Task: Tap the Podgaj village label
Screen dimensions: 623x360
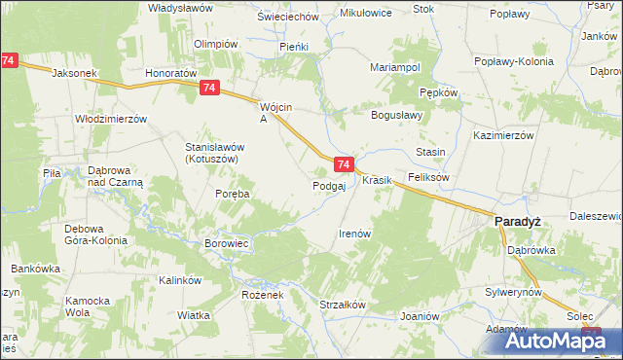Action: coord(329,186)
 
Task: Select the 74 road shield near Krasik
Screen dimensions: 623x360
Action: coord(343,165)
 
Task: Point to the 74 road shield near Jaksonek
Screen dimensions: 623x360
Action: coord(9,60)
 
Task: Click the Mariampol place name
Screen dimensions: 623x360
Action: coord(395,67)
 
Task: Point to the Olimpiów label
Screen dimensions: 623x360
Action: coord(216,44)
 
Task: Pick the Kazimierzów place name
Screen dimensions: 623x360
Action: coord(503,135)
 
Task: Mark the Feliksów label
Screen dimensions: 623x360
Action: coord(428,178)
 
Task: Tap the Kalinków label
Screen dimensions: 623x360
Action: coord(180,280)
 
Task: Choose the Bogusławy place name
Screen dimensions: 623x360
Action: coord(395,115)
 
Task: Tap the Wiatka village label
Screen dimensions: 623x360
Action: coord(195,315)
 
